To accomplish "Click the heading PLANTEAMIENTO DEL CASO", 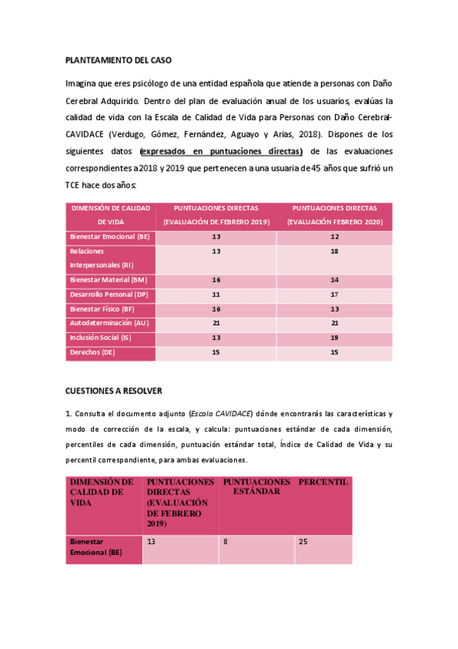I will pyautogui.click(x=118, y=60).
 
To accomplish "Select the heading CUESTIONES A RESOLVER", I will pyautogui.click(x=113, y=390).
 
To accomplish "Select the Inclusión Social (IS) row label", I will pyautogui.click(x=100, y=338).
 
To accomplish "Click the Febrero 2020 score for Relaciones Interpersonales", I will pyautogui.click(x=334, y=251).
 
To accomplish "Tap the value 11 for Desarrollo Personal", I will pyautogui.click(x=216, y=295).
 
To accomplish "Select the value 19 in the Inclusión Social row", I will pyautogui.click(x=334, y=338).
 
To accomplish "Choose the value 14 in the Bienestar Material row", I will pyautogui.click(x=334, y=280).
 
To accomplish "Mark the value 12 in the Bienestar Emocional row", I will pyautogui.click(x=334, y=236).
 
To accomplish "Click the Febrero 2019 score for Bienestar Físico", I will pyautogui.click(x=216, y=309).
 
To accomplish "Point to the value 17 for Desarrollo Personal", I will pyautogui.click(x=334, y=295).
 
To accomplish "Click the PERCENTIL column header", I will pyautogui.click(x=323, y=482).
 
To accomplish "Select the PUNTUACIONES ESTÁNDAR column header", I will pyautogui.click(x=256, y=487).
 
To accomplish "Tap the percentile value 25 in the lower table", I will pyautogui.click(x=304, y=541).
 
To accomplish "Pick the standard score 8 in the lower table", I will pyautogui.click(x=226, y=541).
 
